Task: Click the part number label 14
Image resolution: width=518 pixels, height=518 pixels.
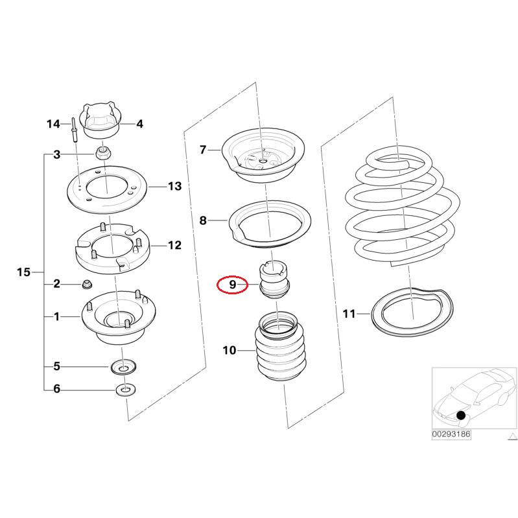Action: click(x=53, y=123)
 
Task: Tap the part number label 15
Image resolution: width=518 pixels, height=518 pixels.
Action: click(x=23, y=272)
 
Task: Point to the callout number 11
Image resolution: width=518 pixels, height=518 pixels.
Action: click(x=349, y=314)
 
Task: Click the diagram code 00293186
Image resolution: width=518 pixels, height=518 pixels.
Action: click(x=451, y=434)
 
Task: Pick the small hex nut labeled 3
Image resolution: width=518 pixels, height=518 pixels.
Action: click(x=103, y=154)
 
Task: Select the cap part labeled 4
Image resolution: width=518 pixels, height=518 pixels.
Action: click(x=100, y=121)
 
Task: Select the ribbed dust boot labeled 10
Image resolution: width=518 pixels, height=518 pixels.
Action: click(x=278, y=353)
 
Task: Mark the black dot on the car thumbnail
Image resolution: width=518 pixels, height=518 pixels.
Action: click(x=461, y=415)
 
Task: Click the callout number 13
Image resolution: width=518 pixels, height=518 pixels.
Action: click(x=174, y=187)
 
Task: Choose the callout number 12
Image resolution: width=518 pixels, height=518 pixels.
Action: click(x=174, y=245)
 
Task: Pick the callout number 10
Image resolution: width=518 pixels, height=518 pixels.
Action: click(x=230, y=351)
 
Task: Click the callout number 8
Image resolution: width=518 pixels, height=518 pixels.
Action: click(x=203, y=220)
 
